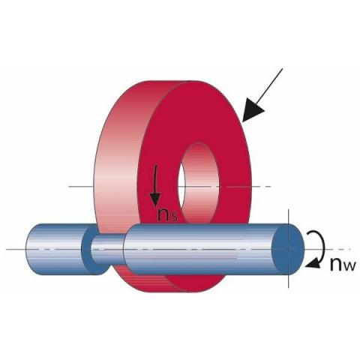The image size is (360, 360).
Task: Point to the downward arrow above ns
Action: tap(155, 185)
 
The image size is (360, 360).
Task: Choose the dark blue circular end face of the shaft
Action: tap(287, 249)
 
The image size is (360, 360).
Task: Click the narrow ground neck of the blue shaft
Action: tap(107, 250)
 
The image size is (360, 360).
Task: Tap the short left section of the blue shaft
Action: tap(55, 249)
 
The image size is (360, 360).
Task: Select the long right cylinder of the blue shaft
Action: tap(200, 249)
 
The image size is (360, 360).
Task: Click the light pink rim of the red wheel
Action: tap(118, 160)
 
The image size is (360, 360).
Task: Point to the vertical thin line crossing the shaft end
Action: tap(289, 248)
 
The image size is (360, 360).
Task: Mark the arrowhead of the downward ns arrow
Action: tap(155, 200)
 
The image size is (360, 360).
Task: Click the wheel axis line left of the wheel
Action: tap(81, 186)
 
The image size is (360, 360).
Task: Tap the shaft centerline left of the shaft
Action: tap(16, 249)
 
